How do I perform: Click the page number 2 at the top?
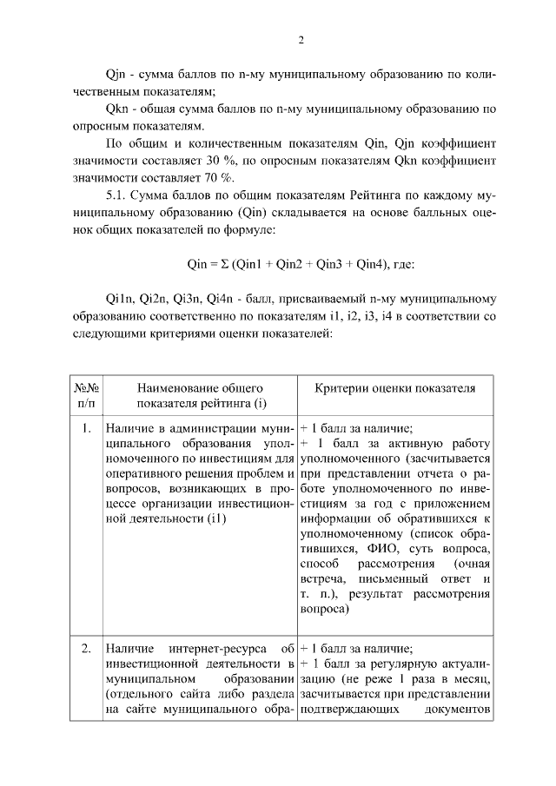tap(300, 39)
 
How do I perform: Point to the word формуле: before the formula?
tap(251, 232)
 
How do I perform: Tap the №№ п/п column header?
tap(86, 395)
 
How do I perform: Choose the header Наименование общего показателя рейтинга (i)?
tap(199, 395)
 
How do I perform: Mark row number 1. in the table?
tap(87, 428)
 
